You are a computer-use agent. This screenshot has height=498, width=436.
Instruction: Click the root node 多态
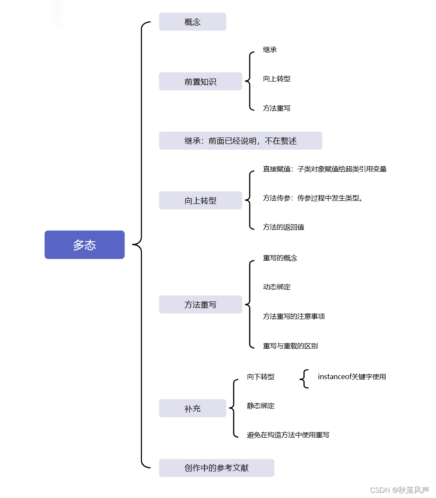pos(85,245)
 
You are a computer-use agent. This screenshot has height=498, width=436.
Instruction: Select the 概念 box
pos(192,22)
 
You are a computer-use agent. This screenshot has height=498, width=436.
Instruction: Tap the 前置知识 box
pos(200,82)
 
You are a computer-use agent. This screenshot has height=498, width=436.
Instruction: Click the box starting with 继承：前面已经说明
pos(240,141)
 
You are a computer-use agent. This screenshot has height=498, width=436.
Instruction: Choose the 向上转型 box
pos(200,200)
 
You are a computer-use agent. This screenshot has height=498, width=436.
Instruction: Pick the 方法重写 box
pos(200,305)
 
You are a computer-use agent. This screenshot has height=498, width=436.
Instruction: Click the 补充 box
pos(192,408)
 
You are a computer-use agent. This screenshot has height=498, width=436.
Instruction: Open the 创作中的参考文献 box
pos(216,468)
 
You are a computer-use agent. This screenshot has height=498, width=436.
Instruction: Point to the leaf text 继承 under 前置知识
pos(270,49)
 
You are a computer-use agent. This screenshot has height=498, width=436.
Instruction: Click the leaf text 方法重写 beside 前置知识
pos(277,108)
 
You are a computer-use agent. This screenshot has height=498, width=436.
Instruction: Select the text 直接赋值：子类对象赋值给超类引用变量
pos(325,169)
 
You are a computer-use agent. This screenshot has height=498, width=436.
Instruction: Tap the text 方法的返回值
pos(283,227)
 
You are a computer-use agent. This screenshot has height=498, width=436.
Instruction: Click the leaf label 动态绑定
pos(277,287)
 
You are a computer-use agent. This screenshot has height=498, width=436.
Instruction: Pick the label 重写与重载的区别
pos(290,346)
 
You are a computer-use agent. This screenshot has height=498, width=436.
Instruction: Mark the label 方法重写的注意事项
pos(294,316)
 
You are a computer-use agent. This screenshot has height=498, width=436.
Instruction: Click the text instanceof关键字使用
pos(351,377)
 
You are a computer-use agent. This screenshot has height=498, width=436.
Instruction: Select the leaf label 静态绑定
pos(261,406)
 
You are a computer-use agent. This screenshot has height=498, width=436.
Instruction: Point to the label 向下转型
pos(261,377)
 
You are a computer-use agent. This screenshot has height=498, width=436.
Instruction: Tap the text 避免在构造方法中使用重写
pos(288,435)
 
